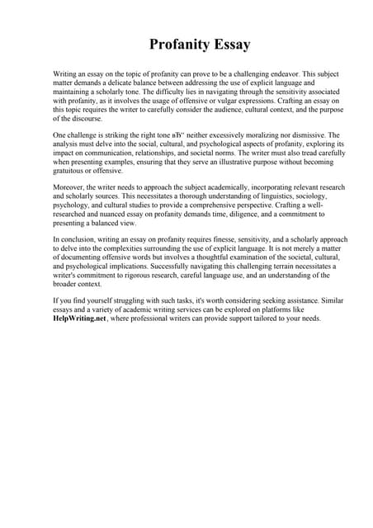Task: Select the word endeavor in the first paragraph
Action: (279, 74)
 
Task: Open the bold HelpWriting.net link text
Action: (80, 318)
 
